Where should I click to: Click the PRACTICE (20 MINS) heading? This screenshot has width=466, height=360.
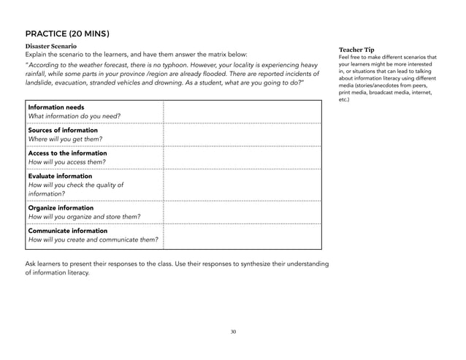67,33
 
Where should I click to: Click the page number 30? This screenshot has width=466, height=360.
233,332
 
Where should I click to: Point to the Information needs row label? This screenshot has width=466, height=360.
56,107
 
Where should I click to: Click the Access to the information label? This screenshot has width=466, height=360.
67,153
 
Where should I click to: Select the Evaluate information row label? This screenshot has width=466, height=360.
60,176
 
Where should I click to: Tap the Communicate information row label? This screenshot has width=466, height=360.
68,231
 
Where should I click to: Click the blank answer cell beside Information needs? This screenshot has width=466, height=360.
242,112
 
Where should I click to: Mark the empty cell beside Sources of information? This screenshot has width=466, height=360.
242,135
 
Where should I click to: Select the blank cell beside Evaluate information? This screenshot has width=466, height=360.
242,185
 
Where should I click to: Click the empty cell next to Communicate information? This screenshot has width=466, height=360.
242,236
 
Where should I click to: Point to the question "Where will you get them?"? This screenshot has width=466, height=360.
65,139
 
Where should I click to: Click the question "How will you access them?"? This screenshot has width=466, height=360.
66,162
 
